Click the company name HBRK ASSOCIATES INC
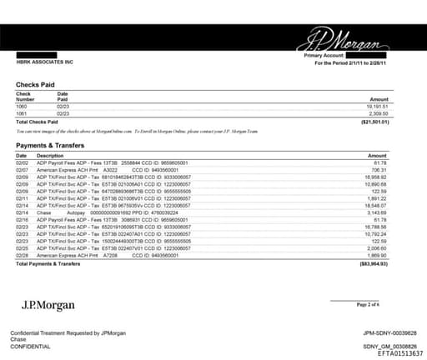click(45, 62)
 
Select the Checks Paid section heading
click(38, 85)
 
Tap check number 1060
click(23, 107)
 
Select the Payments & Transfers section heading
click(52, 146)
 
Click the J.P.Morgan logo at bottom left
click(48, 304)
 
